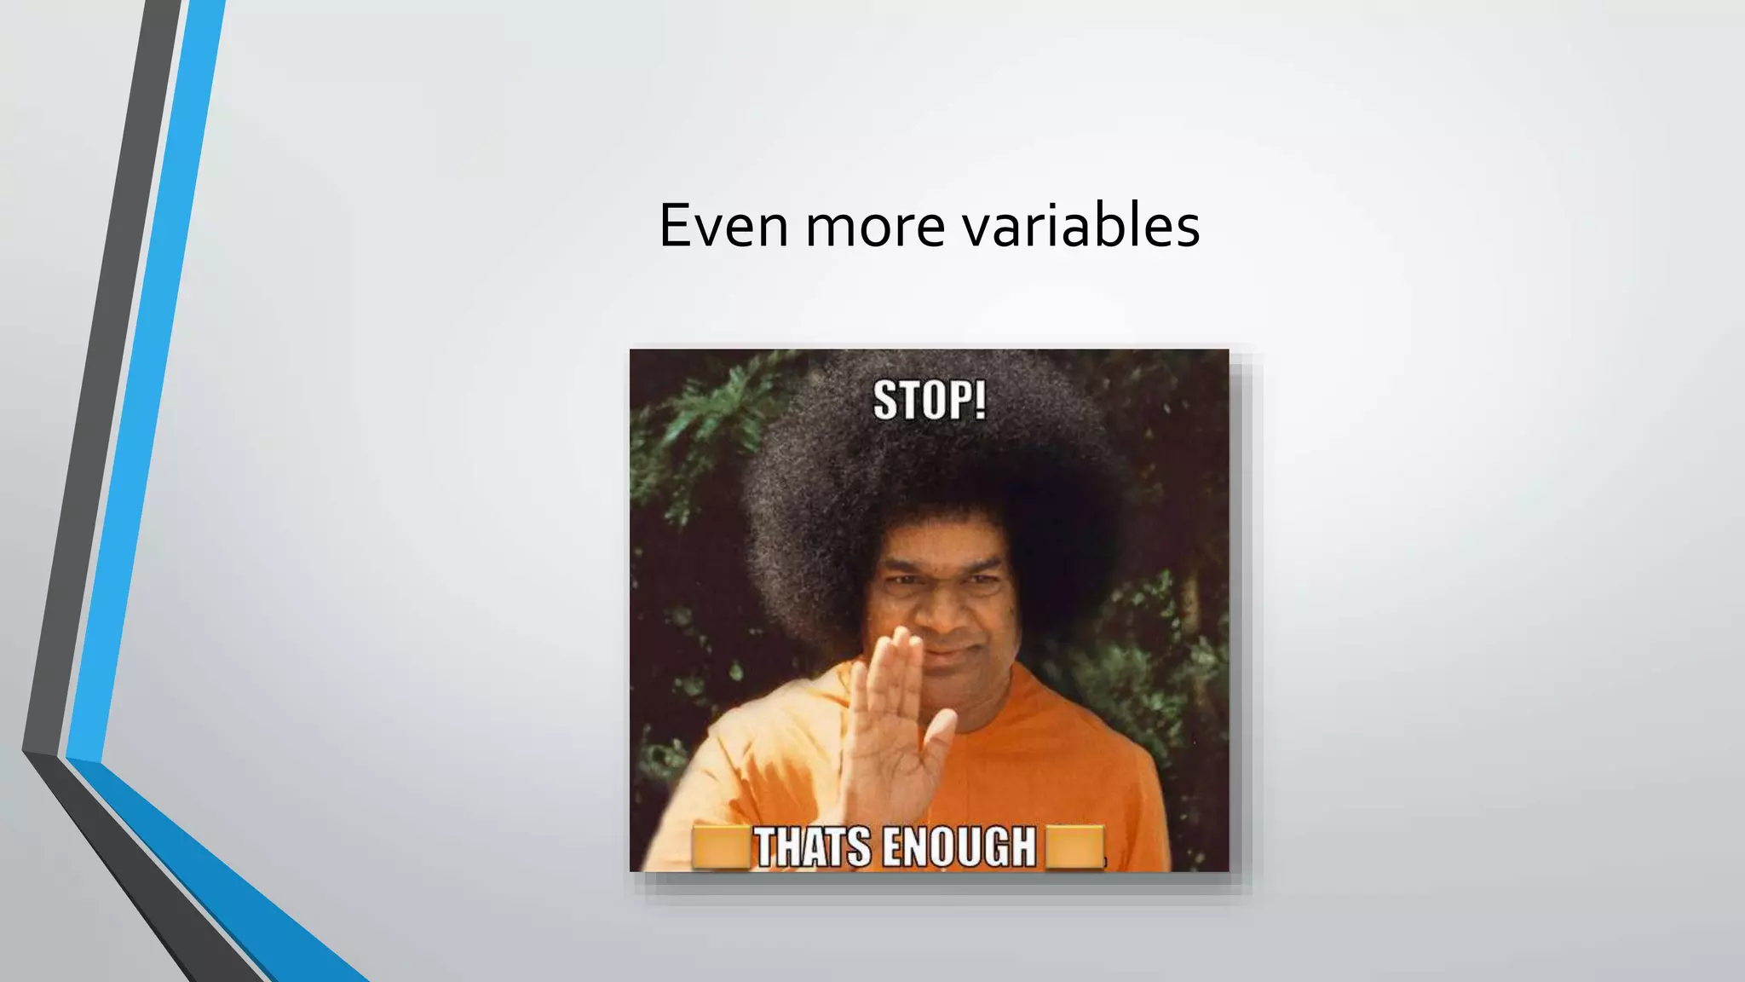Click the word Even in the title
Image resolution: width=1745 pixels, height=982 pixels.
coord(723,227)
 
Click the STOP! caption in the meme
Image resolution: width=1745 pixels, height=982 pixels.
coord(930,401)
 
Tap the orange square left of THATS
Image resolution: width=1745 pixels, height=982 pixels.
coord(720,847)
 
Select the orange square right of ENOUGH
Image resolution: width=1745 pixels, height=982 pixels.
coord(1074,847)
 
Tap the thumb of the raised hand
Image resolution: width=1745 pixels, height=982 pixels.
coord(937,742)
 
